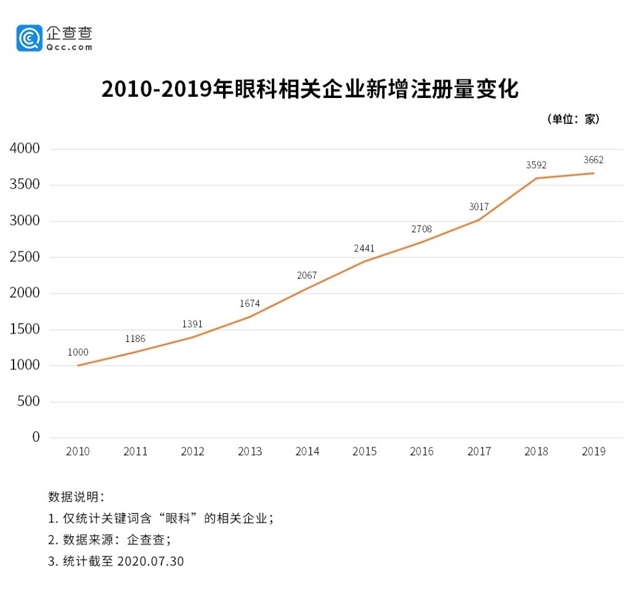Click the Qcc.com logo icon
click(29, 38)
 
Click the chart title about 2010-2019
click(310, 89)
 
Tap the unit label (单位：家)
click(573, 119)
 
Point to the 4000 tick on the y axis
click(25, 149)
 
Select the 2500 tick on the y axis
click(25, 257)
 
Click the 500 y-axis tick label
click(28, 401)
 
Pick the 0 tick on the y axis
click(36, 437)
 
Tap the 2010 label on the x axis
click(78, 452)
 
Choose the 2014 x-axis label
click(307, 452)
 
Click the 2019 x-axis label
click(593, 452)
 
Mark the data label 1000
click(78, 352)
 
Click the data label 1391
click(192, 324)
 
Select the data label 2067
click(307, 275)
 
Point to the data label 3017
click(479, 206)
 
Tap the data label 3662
click(593, 160)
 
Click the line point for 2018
click(536, 178)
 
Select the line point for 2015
click(364, 261)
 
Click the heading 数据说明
click(76, 497)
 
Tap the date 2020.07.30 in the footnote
click(150, 561)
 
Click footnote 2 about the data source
click(109, 540)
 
